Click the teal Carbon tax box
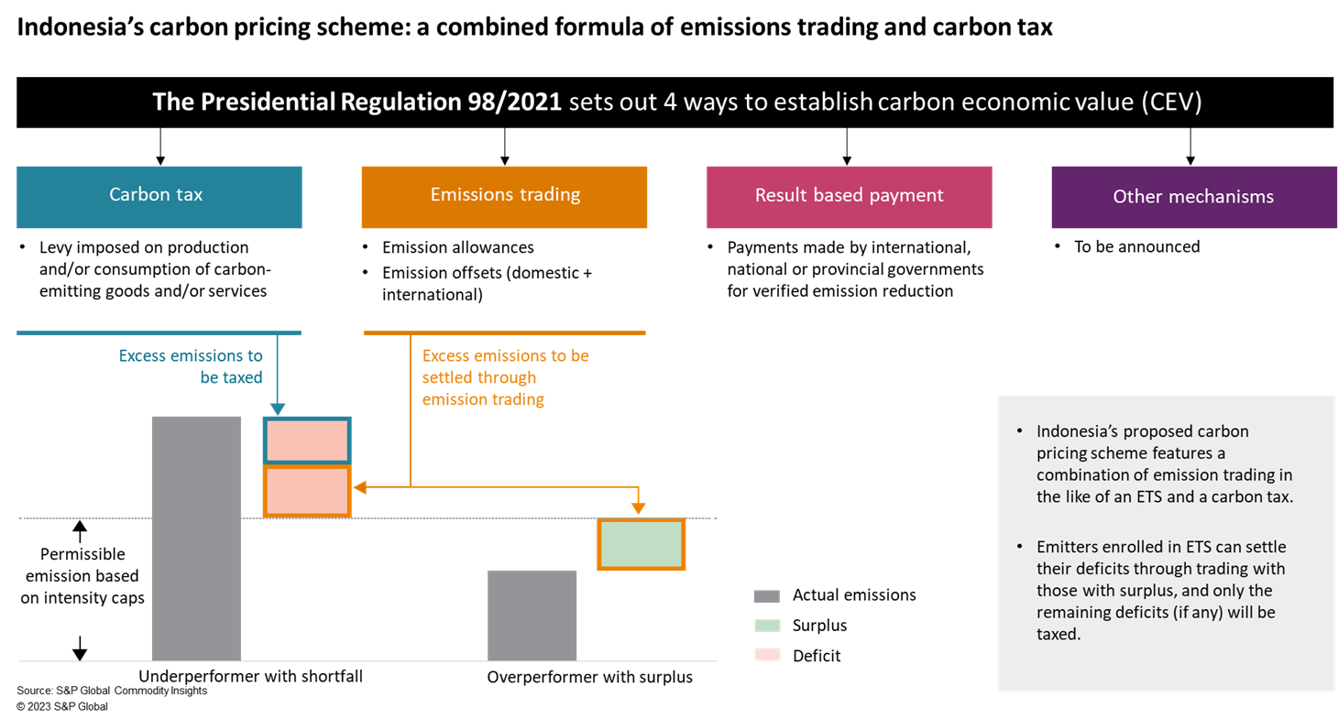159,196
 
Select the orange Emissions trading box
504,196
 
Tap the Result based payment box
849,196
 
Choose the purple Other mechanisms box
1193,197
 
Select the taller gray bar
196,538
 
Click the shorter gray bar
532,615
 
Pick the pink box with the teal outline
307,441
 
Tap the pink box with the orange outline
307,492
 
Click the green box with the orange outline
641,545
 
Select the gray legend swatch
766,597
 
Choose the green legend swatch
766,626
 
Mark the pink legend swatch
766,654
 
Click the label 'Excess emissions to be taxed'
191,366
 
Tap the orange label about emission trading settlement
505,377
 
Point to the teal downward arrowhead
277,409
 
